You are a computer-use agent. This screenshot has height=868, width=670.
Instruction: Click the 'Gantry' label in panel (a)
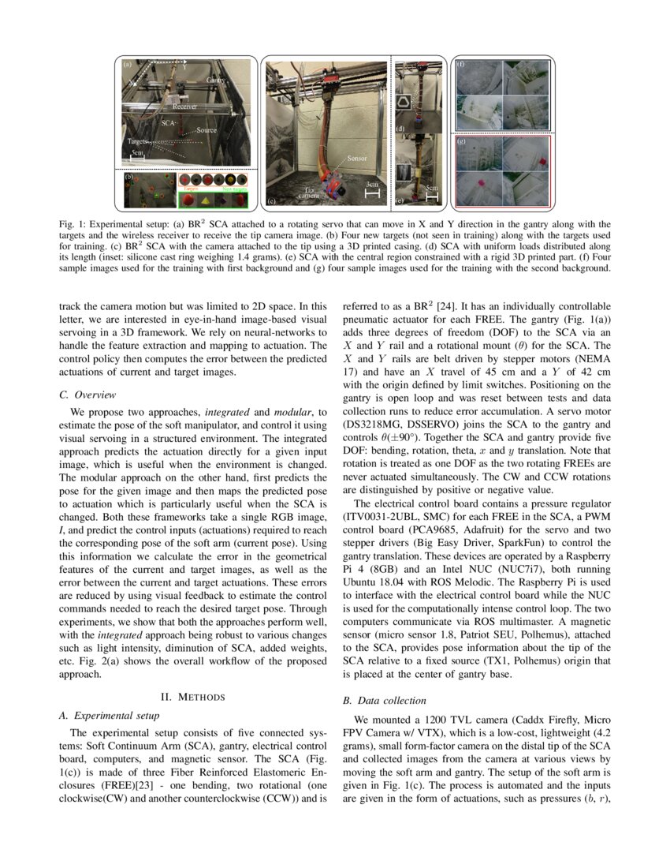click(x=215, y=81)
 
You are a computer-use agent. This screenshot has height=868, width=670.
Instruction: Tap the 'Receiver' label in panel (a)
click(x=181, y=105)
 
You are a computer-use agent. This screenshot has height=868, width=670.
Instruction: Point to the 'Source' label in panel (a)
click(x=207, y=129)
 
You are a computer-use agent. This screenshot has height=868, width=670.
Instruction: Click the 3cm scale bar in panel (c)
click(x=372, y=189)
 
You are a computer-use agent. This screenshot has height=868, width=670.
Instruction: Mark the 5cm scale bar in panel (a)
click(x=138, y=155)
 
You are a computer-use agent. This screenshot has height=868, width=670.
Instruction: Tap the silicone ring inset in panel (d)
click(x=407, y=103)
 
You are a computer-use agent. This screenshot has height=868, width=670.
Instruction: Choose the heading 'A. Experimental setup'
click(x=110, y=716)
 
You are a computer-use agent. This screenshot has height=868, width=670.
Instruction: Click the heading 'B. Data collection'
click(x=384, y=700)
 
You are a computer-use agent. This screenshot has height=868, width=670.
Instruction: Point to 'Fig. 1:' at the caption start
click(x=72, y=225)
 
